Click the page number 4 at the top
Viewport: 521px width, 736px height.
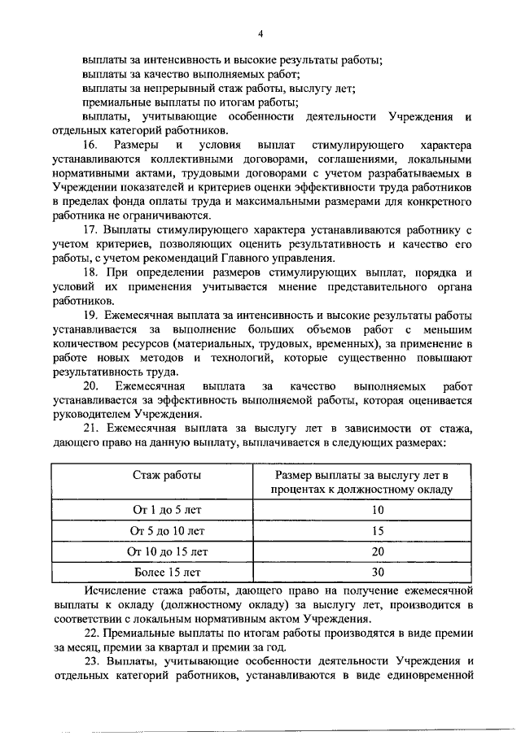260,33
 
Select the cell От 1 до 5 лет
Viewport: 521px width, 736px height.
167,511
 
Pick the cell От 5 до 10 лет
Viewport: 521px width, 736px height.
167,531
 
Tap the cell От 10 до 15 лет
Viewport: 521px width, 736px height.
167,552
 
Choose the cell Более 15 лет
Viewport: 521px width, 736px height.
167,573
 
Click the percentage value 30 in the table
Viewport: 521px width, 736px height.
377,573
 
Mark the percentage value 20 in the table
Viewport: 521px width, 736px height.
377,552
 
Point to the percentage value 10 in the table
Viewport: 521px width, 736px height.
377,511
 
